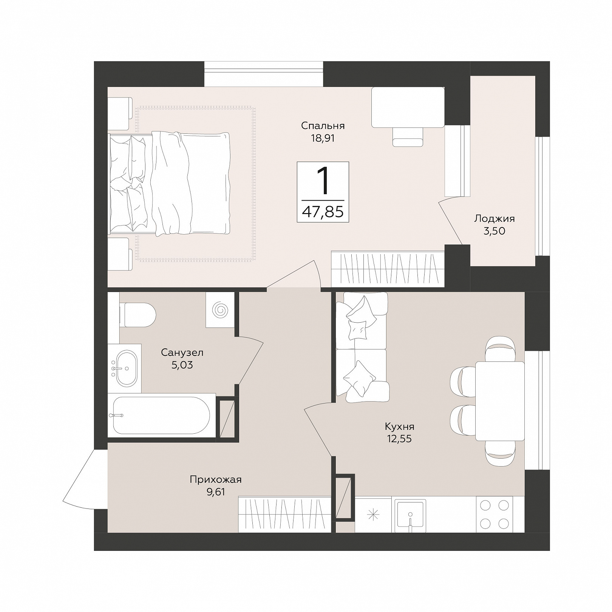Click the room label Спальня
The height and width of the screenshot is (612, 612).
click(x=323, y=125)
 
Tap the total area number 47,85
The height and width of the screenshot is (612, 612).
click(x=323, y=212)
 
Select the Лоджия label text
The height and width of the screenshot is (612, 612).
click(x=495, y=218)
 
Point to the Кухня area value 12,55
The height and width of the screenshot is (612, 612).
click(x=399, y=439)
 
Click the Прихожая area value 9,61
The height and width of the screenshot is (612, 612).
click(x=215, y=492)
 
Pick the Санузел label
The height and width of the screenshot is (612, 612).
click(x=182, y=352)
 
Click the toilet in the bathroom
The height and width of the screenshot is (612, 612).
click(x=137, y=314)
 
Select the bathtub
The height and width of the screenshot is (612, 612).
click(x=162, y=416)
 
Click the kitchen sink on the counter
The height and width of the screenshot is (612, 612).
click(x=410, y=515)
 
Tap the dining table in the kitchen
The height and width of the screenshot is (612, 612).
click(x=500, y=401)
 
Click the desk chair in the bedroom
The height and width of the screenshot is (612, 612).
click(x=408, y=137)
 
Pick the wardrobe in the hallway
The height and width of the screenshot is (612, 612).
click(x=286, y=514)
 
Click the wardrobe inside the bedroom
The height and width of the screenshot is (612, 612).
click(x=388, y=269)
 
